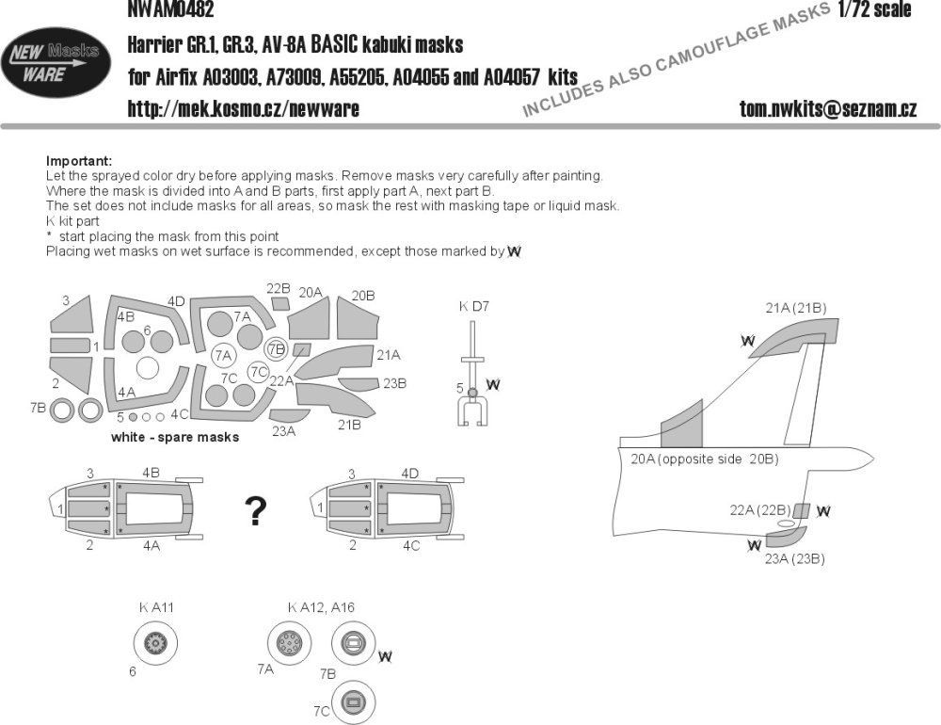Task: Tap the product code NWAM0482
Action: pyautogui.click(x=169, y=10)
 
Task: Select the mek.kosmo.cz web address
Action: pyautogui.click(x=243, y=109)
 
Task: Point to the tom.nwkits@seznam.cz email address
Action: pyautogui.click(x=827, y=109)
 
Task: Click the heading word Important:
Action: pyautogui.click(x=79, y=161)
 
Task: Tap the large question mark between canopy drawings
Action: pyautogui.click(x=254, y=511)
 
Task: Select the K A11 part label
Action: pyautogui.click(x=156, y=607)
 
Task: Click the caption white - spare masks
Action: pyautogui.click(x=175, y=437)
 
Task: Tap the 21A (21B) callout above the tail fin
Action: pyautogui.click(x=796, y=307)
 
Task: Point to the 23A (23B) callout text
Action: pyautogui.click(x=795, y=558)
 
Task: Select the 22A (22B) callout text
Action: pyautogui.click(x=758, y=510)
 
